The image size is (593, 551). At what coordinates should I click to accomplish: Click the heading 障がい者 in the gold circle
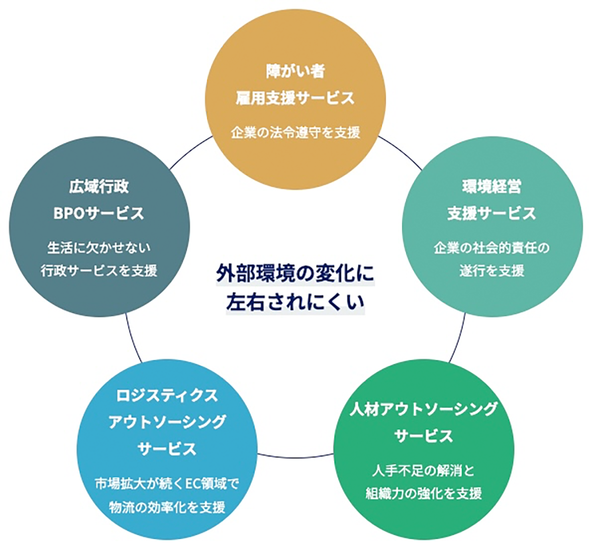point(296,71)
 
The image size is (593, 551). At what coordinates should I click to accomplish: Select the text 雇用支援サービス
point(296,97)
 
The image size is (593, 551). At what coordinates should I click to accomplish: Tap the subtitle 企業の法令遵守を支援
point(296,132)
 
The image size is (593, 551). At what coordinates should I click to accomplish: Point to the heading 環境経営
point(492,187)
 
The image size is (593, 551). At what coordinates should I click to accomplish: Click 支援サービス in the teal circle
point(492,213)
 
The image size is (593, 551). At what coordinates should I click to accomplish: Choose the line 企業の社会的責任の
point(492,248)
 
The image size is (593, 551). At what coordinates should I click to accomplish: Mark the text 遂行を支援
point(492,271)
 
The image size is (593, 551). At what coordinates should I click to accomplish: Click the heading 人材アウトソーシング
point(423,409)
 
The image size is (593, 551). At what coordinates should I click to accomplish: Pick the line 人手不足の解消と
point(423,470)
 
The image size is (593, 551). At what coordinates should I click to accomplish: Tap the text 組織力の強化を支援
point(423,493)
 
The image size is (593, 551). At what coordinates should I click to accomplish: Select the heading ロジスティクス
point(167,396)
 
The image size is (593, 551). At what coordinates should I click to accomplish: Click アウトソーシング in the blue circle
point(167,422)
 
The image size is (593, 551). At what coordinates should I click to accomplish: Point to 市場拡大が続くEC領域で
point(167,483)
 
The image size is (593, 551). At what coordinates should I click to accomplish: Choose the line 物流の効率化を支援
point(167,507)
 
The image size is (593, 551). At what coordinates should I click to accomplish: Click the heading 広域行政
point(99,187)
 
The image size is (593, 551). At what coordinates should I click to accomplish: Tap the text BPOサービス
point(99,213)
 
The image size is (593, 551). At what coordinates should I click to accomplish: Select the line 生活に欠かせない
point(99,248)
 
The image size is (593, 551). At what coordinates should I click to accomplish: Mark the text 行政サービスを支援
point(99,271)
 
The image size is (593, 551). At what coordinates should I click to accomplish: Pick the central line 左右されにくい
point(295,302)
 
